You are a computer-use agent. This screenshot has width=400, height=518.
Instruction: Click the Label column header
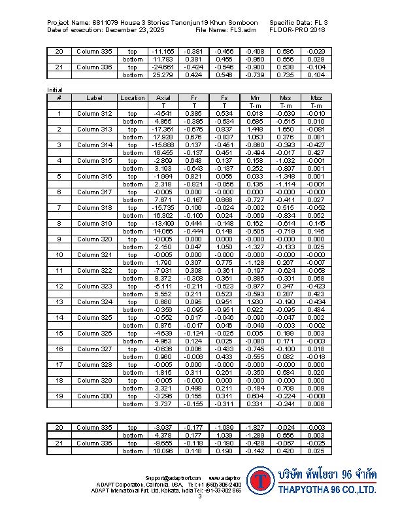point(94,98)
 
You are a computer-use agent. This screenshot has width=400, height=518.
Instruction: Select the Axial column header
point(163,98)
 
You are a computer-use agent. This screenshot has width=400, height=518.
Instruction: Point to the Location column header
point(133,98)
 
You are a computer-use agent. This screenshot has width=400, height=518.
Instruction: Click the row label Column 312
point(94,114)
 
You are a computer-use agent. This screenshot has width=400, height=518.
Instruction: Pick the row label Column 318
point(94,207)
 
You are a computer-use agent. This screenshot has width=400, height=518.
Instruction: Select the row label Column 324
point(94,302)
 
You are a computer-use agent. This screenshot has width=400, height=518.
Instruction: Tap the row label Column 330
point(94,396)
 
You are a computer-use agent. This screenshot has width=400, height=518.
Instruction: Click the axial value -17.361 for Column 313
point(163,129)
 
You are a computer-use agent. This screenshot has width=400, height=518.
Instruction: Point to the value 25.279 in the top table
point(163,75)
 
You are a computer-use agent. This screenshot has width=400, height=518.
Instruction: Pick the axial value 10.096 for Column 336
point(163,451)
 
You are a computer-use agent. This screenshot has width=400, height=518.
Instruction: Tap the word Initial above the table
point(55,90)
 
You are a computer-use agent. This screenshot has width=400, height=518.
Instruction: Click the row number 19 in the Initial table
point(59,396)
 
